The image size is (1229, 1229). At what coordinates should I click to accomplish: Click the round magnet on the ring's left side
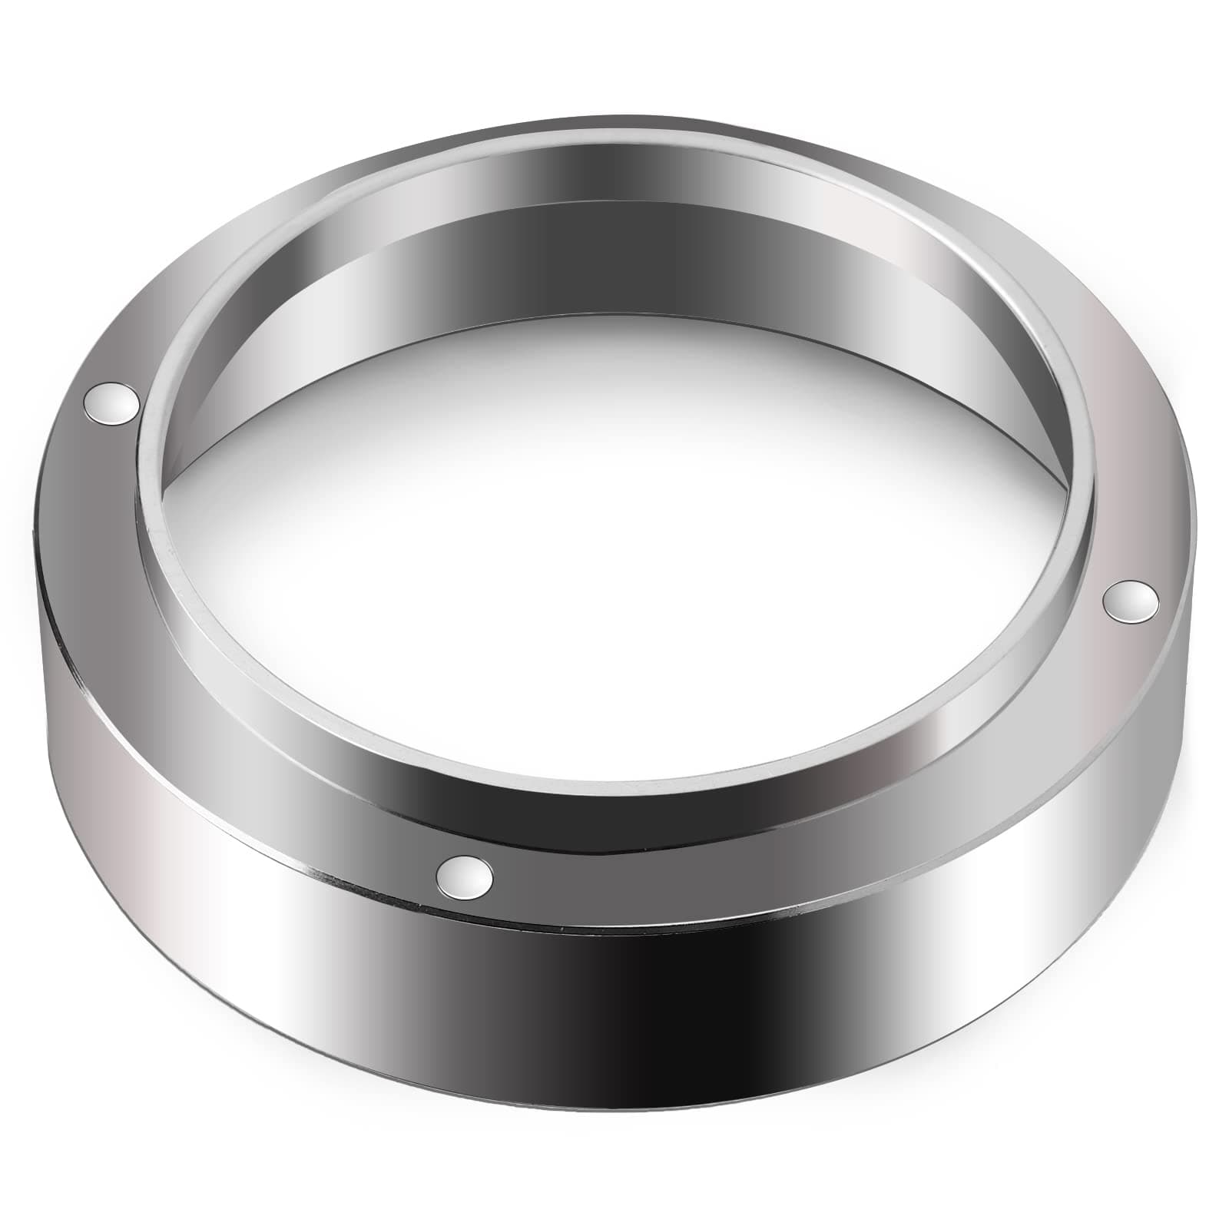click(x=111, y=402)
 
